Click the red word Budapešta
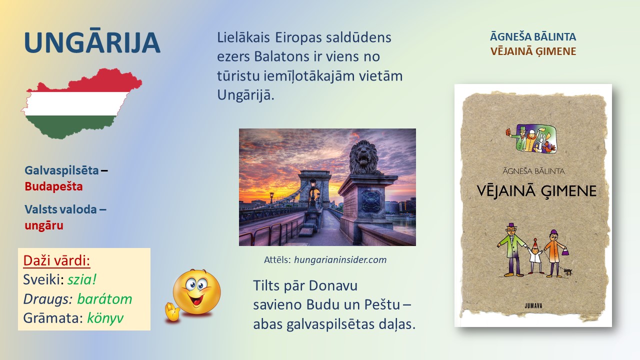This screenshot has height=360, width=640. click(53, 186)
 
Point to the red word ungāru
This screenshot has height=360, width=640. click(44, 225)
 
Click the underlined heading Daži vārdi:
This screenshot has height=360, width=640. click(56, 260)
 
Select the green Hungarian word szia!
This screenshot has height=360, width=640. click(82, 279)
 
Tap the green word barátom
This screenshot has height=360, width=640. click(104, 299)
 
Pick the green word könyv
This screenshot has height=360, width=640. click(105, 318)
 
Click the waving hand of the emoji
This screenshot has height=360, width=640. click(171, 312)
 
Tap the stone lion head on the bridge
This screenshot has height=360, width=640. click(363, 156)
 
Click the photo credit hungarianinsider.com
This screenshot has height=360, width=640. click(340, 259)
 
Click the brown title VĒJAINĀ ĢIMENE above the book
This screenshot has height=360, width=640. click(533, 51)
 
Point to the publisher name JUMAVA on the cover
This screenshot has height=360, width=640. click(533, 305)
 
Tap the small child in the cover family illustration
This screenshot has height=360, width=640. click(535, 256)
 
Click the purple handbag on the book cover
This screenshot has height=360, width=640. click(565, 251)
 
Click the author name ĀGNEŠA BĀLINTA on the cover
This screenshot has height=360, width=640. click(533, 171)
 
